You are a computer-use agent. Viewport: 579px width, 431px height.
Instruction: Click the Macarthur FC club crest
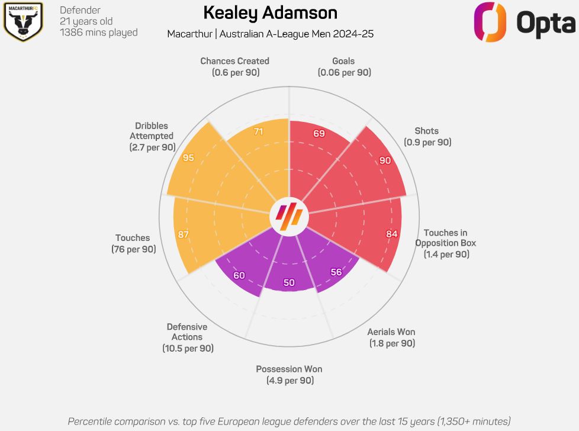pyautogui.click(x=22, y=22)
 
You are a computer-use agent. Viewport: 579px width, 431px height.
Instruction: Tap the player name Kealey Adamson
pyautogui.click(x=270, y=13)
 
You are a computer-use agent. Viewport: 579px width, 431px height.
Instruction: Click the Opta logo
pyautogui.click(x=524, y=22)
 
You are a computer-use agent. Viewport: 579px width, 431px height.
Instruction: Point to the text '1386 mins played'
pyautogui.click(x=99, y=33)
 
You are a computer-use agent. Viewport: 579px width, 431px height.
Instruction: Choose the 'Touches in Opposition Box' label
pyautogui.click(x=446, y=243)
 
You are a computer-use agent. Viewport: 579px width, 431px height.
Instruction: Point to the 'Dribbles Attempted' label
pyautogui.click(x=152, y=136)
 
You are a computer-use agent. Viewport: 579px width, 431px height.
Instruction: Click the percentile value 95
pyautogui.click(x=189, y=158)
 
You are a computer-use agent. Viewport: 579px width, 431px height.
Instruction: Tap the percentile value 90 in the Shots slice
pyautogui.click(x=385, y=160)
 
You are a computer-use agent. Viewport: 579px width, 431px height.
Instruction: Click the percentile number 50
pyautogui.click(x=289, y=282)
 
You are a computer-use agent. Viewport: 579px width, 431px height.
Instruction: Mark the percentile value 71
pyautogui.click(x=258, y=132)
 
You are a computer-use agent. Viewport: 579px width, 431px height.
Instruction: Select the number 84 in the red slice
pyautogui.click(x=392, y=234)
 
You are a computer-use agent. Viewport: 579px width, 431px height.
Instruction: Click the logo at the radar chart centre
pyautogui.click(x=289, y=214)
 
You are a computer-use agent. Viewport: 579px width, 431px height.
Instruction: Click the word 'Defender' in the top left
pyautogui.click(x=80, y=10)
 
